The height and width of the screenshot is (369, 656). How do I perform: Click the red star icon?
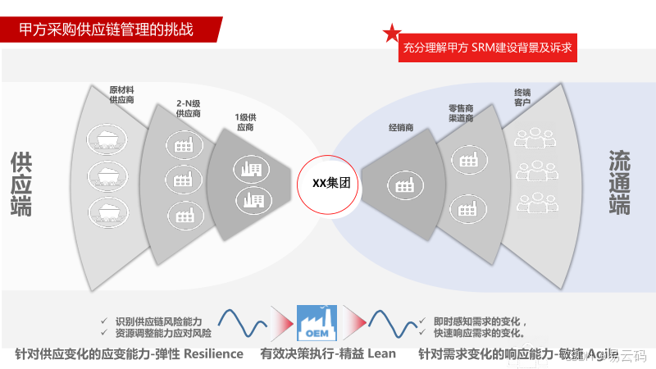coord(392,34)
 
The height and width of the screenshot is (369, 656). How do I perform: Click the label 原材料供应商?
coord(121,94)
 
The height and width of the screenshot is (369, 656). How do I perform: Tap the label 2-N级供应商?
coord(189,108)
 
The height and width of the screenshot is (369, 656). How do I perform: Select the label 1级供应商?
coord(246,122)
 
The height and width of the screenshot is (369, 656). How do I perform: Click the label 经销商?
coord(400,128)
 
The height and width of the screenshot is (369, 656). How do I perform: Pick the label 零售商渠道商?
coord(461,113)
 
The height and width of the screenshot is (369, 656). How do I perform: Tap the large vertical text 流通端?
coord(620,182)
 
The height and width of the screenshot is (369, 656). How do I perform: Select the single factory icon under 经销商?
coord(404,185)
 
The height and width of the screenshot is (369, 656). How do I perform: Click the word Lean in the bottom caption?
coord(381,354)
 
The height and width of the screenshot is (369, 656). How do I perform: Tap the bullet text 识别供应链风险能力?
coord(158,321)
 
